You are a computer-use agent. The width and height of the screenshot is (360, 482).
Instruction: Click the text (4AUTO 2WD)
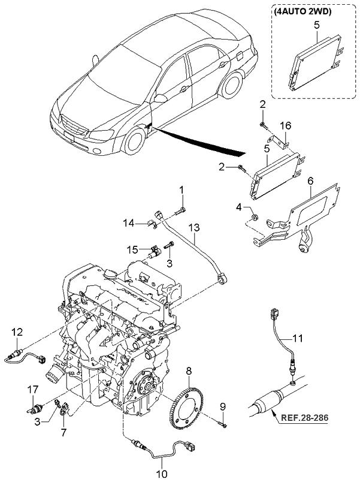coord(304,10)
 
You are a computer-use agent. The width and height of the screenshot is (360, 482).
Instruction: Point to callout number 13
coord(193,228)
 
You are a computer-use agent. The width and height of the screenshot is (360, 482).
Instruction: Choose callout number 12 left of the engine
coord(16,332)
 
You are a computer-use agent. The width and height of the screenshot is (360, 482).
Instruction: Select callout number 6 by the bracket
coord(310,180)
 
